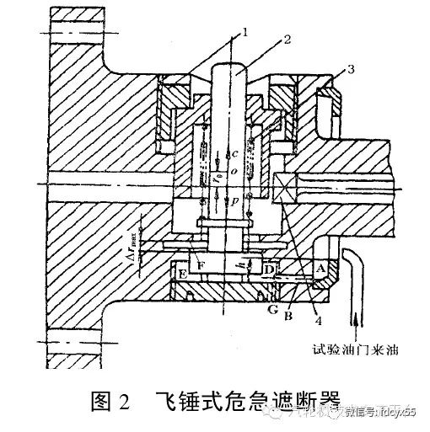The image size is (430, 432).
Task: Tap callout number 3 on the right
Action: pyautogui.click(x=337, y=67)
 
